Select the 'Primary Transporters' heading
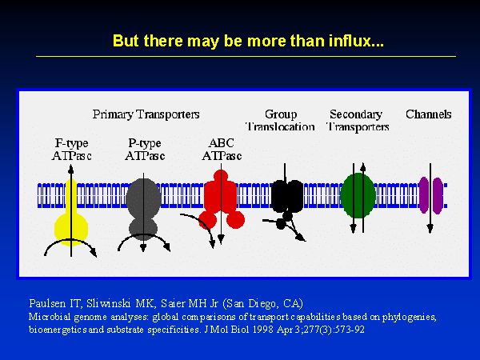click(x=146, y=114)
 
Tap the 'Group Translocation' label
click(x=281, y=120)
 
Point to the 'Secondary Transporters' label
click(x=357, y=120)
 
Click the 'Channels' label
click(x=429, y=114)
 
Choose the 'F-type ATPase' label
click(x=72, y=150)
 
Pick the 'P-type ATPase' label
click(x=145, y=150)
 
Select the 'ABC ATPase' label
click(x=222, y=150)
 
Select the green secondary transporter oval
click(x=358, y=195)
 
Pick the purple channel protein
click(x=430, y=195)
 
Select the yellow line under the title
click(x=246, y=56)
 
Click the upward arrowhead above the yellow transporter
click(x=70, y=169)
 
